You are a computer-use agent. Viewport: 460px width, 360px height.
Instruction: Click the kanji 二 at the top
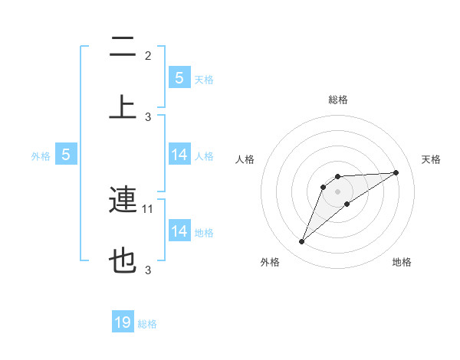click(x=123, y=47)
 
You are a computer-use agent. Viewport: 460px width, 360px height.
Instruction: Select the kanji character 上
click(x=123, y=107)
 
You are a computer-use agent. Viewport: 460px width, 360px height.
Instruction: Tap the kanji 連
click(x=123, y=201)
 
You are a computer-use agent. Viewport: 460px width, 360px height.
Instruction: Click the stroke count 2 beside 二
click(x=148, y=56)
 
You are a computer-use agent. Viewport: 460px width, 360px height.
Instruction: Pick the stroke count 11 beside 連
click(x=149, y=208)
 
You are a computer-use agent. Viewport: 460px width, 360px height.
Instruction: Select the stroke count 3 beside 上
click(x=148, y=116)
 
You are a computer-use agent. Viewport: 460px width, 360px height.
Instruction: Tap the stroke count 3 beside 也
click(x=148, y=270)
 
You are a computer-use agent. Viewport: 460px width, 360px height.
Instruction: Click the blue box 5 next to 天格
click(x=179, y=77)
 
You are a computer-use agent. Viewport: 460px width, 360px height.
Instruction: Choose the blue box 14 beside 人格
click(x=179, y=155)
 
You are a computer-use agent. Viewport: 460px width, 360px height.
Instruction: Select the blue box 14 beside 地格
click(x=179, y=231)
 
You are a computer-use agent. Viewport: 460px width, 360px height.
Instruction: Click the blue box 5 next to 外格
click(x=66, y=155)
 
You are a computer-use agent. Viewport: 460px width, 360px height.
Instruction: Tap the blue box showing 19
click(x=123, y=322)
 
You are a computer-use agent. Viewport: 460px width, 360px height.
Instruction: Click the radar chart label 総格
click(x=338, y=100)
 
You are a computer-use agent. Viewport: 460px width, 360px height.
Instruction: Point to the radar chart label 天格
click(x=432, y=159)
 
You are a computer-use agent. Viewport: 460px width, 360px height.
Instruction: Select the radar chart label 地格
click(x=402, y=262)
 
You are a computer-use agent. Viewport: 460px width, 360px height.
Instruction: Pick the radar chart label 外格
click(x=270, y=262)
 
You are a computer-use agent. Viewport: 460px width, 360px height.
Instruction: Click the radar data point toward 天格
click(x=396, y=172)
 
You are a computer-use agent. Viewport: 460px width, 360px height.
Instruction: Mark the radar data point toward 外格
click(x=301, y=242)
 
